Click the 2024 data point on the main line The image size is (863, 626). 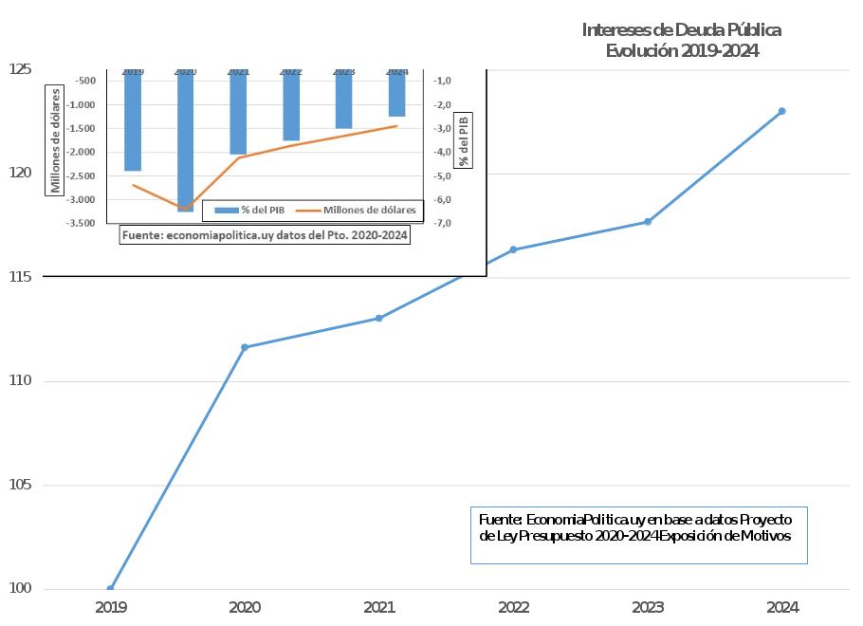(x=781, y=111)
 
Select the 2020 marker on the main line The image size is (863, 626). (x=245, y=347)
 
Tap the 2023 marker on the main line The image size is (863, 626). (x=648, y=222)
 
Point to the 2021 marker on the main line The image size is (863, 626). (x=378, y=318)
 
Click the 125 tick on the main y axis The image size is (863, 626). (x=20, y=69)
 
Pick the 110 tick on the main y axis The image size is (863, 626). (x=20, y=381)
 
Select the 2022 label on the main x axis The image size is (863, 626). (x=513, y=607)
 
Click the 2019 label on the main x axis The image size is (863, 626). (x=111, y=607)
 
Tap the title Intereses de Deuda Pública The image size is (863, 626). (x=681, y=30)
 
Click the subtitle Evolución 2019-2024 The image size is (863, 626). (x=681, y=51)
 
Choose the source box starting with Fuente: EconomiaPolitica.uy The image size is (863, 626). (x=638, y=535)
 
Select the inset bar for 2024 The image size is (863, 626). (x=396, y=93)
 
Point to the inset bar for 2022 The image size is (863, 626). (x=291, y=105)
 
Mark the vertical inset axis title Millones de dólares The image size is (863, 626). (x=56, y=140)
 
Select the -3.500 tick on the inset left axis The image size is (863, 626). (x=80, y=223)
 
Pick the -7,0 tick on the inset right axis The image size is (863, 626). (x=442, y=223)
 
